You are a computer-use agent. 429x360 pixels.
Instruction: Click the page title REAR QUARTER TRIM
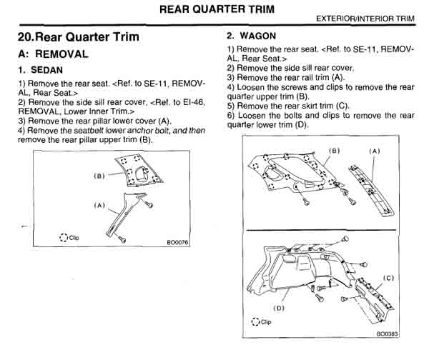coord(214,10)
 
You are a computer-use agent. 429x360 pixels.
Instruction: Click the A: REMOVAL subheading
coord(53,54)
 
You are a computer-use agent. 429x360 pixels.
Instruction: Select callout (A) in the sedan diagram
coord(99,205)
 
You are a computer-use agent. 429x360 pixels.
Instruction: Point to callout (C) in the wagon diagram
coord(388,276)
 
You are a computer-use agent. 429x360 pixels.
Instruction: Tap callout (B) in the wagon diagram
coord(334,151)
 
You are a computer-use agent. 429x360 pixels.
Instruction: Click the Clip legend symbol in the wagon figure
coord(255,321)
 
